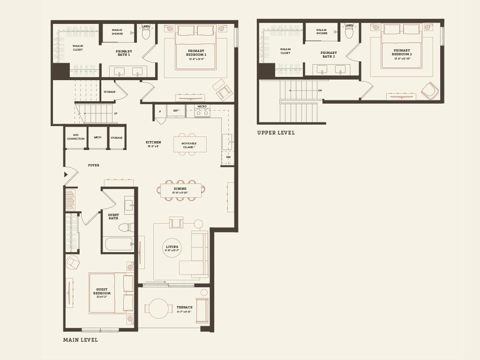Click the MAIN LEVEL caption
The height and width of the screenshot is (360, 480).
[81, 340]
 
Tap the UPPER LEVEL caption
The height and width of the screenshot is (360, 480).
[276, 133]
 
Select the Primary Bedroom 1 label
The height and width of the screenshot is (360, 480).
[196, 53]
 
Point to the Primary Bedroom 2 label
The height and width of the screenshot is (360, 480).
[402, 52]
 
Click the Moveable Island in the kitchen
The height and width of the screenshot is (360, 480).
[190, 145]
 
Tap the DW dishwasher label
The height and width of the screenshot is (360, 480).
[228, 157]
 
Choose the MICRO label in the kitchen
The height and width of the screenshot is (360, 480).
[202, 106]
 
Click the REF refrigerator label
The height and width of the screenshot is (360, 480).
[176, 111]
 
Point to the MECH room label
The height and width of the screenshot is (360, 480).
[97, 137]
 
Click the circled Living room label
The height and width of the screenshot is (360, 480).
[172, 248]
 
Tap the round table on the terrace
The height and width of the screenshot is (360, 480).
[158, 308]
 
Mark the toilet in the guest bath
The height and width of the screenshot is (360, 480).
[125, 227]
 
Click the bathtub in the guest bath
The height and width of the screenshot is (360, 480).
[119, 244]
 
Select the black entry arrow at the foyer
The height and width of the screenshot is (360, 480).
[66, 174]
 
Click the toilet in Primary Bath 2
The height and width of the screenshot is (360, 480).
[349, 32]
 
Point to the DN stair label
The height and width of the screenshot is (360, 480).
[320, 90]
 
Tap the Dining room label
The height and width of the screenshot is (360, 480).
[180, 190]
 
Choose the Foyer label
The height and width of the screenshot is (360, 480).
[94, 165]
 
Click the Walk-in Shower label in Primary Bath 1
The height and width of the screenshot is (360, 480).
[117, 32]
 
